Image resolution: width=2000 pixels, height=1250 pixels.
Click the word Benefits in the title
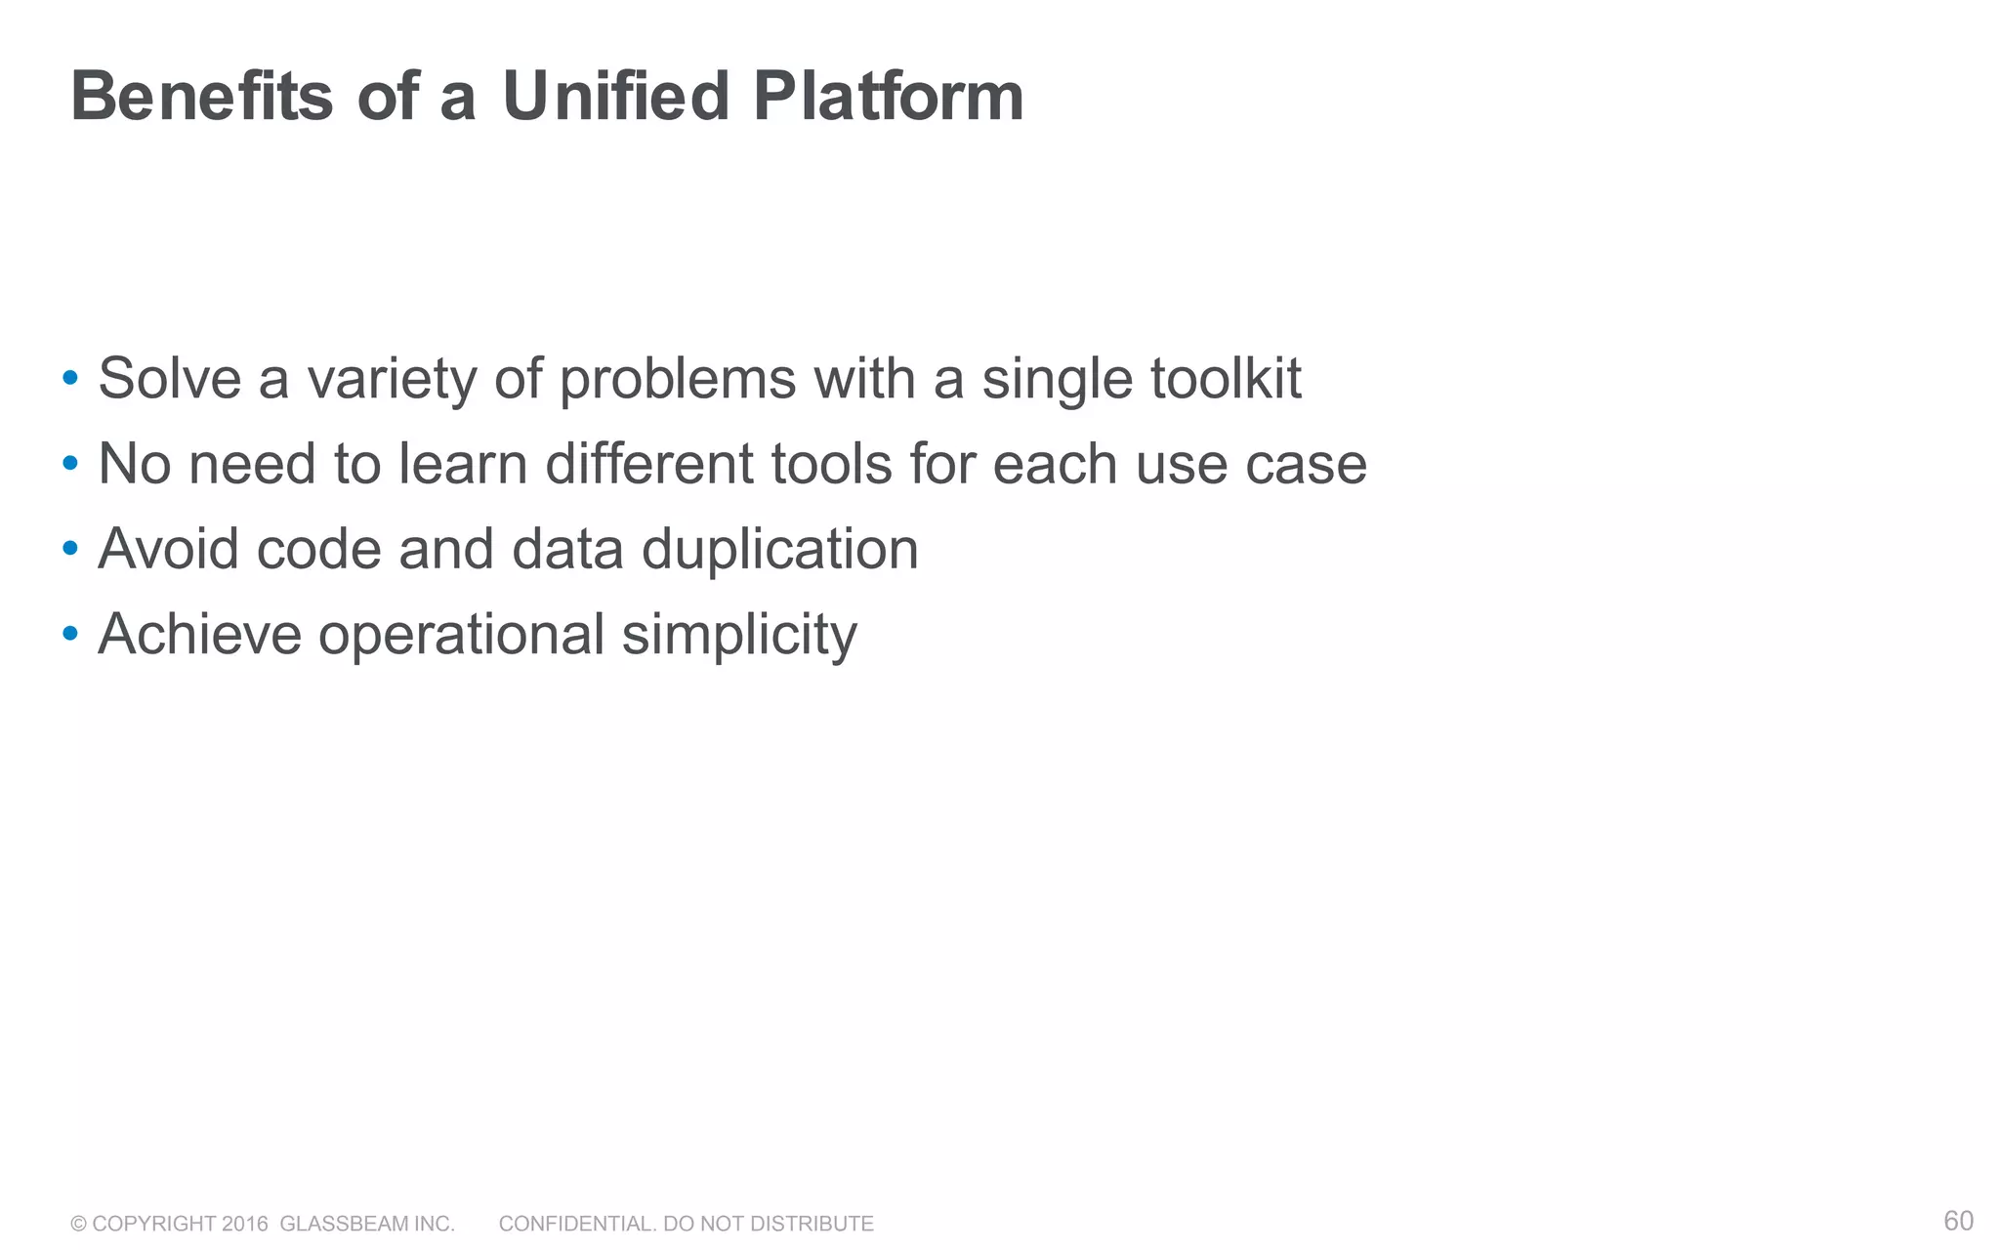pos(201,98)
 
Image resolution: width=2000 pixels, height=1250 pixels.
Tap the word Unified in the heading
pos(615,98)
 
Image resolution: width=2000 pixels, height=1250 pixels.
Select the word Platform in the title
pos(888,98)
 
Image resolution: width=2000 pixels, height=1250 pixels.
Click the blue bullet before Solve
pos(69,378)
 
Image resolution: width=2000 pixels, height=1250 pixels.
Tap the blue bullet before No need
pos(69,463)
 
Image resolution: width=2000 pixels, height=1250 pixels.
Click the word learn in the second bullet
pos(462,464)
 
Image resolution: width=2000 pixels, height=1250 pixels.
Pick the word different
pos(648,464)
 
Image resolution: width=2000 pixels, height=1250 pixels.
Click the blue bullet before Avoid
pos(69,549)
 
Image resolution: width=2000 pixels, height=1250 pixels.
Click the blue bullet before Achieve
pos(69,634)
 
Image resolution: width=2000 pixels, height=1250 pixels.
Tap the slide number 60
pos(1958,1221)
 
